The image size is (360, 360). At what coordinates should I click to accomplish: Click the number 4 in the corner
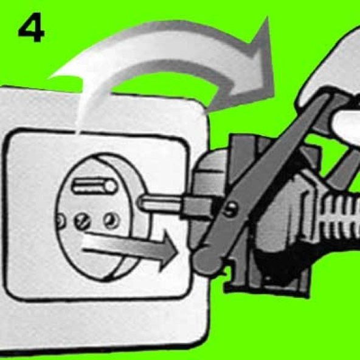point(32,27)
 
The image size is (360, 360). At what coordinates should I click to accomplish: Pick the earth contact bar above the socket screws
point(94,186)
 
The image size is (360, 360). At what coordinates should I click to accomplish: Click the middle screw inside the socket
point(83,221)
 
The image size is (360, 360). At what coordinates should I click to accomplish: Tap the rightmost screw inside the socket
point(111,220)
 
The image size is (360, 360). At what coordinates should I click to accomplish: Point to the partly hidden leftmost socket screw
point(60,221)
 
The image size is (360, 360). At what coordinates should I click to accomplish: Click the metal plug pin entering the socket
point(161,204)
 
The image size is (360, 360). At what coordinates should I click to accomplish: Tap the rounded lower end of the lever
point(207,261)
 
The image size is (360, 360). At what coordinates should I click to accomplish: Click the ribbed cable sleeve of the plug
point(340,217)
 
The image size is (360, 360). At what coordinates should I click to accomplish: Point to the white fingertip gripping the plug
point(347,125)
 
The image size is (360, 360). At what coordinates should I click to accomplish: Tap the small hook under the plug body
point(230,275)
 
